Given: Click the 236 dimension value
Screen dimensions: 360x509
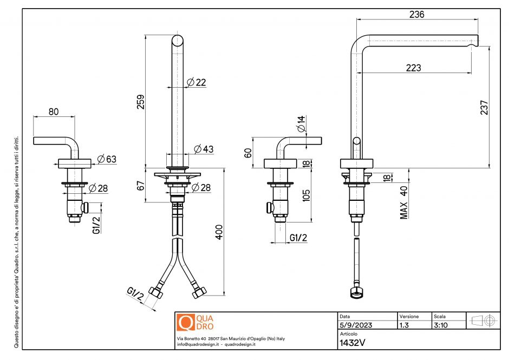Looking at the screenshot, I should pos(416,15).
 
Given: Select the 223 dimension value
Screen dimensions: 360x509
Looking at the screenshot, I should pos(413,68).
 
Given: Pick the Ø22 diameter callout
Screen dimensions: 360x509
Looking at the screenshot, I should pos(197,82).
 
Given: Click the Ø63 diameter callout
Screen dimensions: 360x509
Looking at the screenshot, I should pos(107,159).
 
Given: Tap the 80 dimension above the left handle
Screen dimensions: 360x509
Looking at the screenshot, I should pos(54,112).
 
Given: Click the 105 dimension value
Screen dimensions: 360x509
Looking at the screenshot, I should pos(306,194).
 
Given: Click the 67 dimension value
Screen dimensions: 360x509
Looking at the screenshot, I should pos(140,185).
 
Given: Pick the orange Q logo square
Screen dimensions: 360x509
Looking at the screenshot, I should pos(185,322).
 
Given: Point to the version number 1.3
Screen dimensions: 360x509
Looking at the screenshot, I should pos(404,325).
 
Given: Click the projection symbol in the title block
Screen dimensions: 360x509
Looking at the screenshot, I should pos(484,320).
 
